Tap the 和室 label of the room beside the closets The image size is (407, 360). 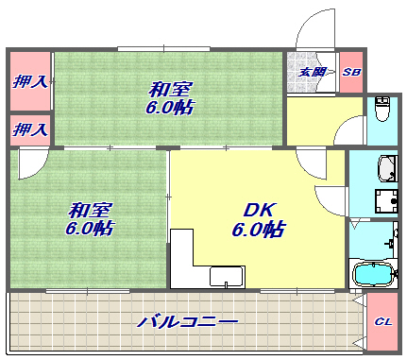coord(169,89)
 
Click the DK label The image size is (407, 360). coord(257,209)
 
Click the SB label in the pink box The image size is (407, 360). coord(351,72)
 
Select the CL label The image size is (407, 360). coord(382,321)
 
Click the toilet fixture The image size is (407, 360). coord(382,112)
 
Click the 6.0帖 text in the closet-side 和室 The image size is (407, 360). coord(170,108)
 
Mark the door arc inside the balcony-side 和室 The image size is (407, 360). coord(30,163)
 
